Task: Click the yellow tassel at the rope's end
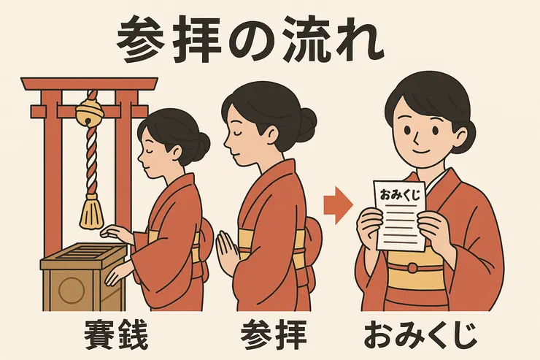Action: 93,211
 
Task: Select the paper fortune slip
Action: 401,215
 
